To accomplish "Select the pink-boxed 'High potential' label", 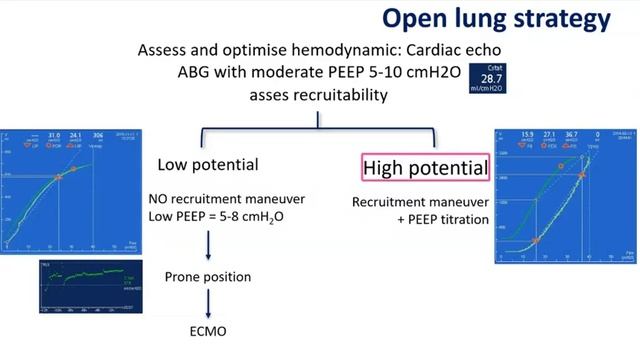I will (x=426, y=166).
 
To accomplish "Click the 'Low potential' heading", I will (x=208, y=164).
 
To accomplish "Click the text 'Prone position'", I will (x=208, y=275).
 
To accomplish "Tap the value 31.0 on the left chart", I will (x=54, y=134).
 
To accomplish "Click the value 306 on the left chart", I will (x=98, y=134).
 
